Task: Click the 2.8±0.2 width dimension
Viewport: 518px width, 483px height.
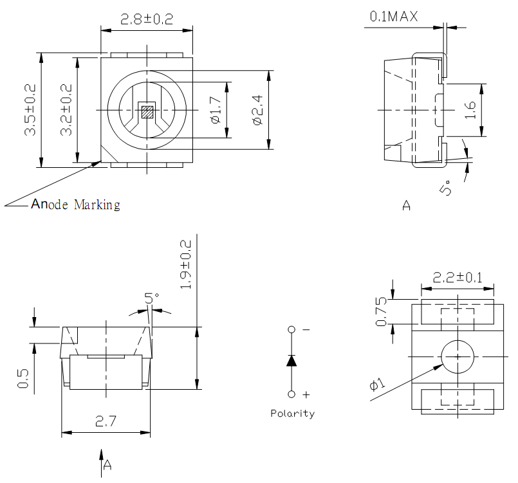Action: coord(147,19)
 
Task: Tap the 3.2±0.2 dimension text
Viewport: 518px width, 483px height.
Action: coord(66,109)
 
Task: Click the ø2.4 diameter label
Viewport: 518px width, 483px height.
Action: coord(256,110)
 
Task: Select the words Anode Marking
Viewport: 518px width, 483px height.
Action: coord(76,205)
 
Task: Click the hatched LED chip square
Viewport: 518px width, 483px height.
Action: coord(147,112)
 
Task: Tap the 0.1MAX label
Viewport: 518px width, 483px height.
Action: coord(393,17)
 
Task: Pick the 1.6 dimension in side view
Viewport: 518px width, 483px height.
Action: coord(470,110)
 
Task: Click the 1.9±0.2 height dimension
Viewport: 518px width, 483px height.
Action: coord(186,264)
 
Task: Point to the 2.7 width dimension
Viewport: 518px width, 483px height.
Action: coord(106,423)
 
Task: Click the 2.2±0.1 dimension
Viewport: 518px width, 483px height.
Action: coord(457,278)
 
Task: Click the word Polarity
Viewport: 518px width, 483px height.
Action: coord(292,414)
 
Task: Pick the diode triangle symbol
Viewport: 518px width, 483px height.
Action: coord(291,360)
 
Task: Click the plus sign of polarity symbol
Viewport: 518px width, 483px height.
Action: coord(306,394)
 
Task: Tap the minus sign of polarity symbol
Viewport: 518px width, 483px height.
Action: coord(306,329)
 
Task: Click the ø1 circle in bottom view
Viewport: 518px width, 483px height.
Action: coord(457,356)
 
